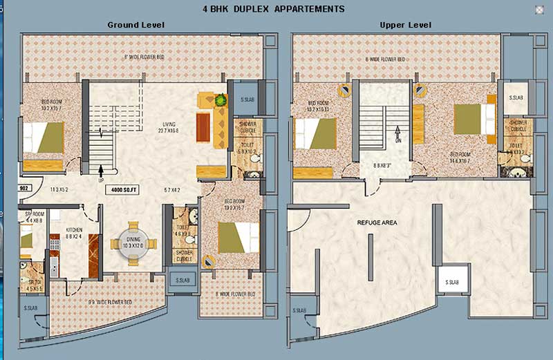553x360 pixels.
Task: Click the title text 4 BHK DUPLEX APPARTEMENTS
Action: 273,9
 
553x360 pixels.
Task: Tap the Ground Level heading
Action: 135,25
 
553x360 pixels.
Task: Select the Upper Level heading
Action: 405,25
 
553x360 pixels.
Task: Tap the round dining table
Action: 133,245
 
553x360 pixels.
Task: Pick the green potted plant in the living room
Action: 221,101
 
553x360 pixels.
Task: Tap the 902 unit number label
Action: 24,187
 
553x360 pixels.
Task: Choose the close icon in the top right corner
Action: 539,9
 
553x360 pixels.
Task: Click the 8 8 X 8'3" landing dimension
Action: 382,166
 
